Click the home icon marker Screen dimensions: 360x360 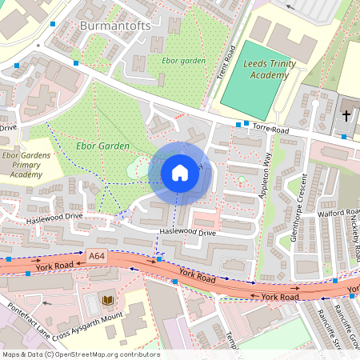[180, 173]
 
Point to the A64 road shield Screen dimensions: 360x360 [97, 256]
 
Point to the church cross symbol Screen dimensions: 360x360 [346, 116]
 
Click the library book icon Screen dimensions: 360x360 [108, 300]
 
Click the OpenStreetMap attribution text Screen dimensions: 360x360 [80, 354]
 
